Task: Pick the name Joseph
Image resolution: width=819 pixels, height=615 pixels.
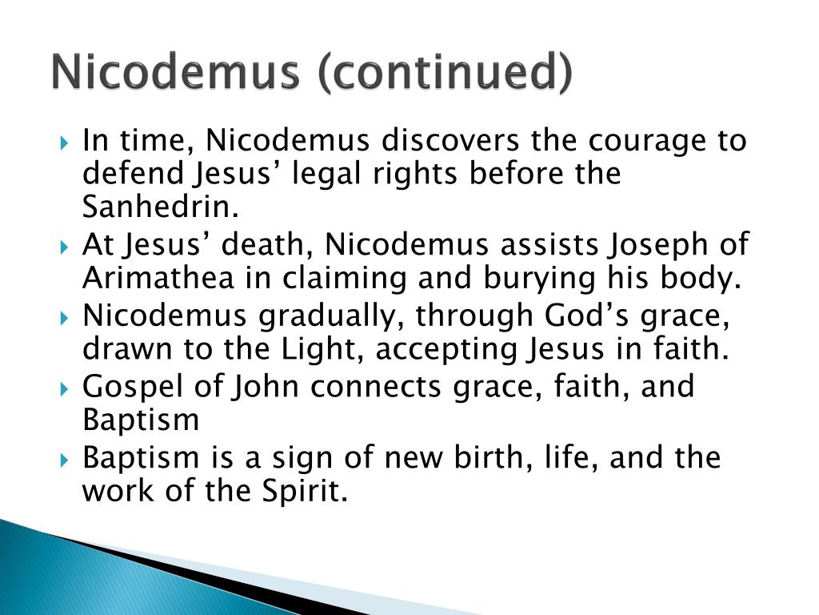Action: click(657, 246)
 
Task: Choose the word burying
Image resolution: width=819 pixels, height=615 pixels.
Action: click(539, 279)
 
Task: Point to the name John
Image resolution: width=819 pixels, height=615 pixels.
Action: click(266, 387)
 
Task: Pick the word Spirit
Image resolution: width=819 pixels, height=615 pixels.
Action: click(305, 492)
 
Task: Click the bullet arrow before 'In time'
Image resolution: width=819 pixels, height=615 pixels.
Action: click(64, 142)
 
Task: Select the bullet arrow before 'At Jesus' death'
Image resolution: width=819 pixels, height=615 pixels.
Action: click(64, 247)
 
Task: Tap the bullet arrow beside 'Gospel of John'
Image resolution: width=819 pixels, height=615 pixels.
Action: click(64, 388)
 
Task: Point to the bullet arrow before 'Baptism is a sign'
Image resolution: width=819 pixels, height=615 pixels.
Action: click(64, 460)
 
